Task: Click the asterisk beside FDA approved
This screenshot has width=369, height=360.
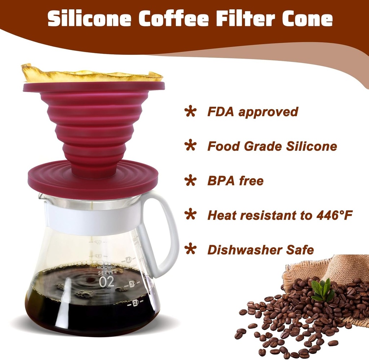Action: (190, 111)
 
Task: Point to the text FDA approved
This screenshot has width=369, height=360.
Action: (253, 112)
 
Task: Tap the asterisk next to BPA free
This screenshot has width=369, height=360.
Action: (190, 181)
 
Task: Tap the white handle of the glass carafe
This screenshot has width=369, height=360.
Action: (169, 231)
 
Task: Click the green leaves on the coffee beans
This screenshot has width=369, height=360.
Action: (322, 290)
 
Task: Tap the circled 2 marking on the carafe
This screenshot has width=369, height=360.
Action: (136, 303)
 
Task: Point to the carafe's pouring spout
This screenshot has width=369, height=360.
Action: (41, 196)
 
